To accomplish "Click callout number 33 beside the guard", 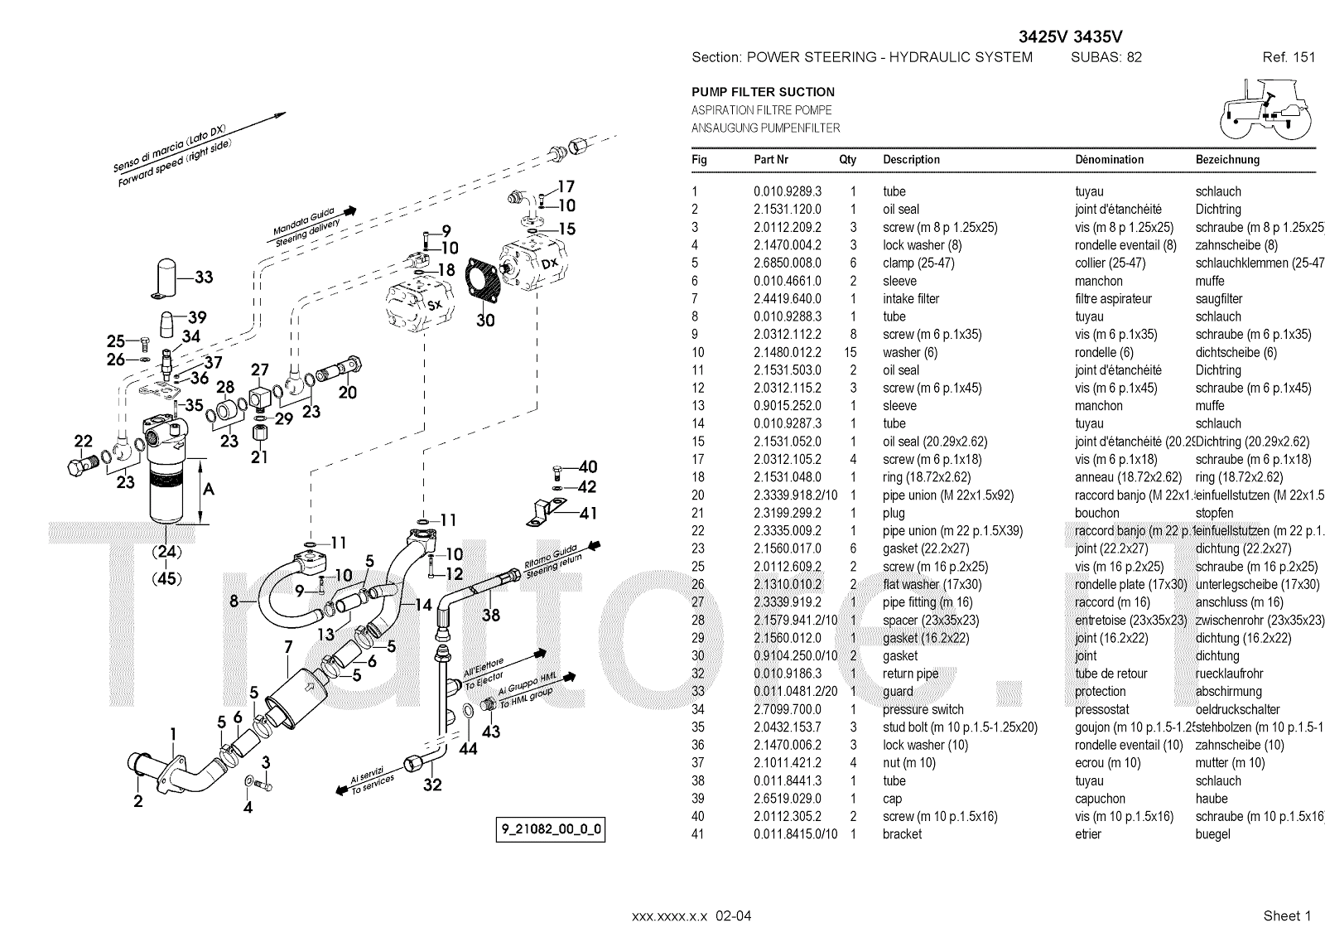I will click(x=204, y=278).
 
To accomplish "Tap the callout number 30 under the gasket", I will click(x=485, y=319).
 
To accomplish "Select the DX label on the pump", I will click(x=550, y=263).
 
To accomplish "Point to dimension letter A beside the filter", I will click(x=209, y=489).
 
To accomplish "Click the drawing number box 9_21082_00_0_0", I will click(x=550, y=829).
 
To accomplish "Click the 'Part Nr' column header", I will click(x=771, y=160).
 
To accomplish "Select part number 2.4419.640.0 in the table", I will click(x=788, y=299).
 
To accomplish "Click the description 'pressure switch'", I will click(x=923, y=709).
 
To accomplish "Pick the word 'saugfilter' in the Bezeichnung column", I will click(x=1219, y=299).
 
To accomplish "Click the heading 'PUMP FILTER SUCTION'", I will click(x=763, y=92).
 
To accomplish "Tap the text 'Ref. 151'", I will click(x=1289, y=57).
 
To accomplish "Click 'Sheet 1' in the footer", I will click(x=1287, y=915).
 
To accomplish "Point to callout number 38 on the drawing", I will click(x=491, y=615).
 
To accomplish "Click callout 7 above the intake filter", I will click(x=287, y=647).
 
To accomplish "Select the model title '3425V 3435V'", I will click(x=1070, y=36).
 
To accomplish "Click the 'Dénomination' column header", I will click(x=1109, y=160).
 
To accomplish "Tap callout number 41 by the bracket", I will click(x=588, y=514).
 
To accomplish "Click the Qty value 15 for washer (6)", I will click(x=850, y=352).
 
